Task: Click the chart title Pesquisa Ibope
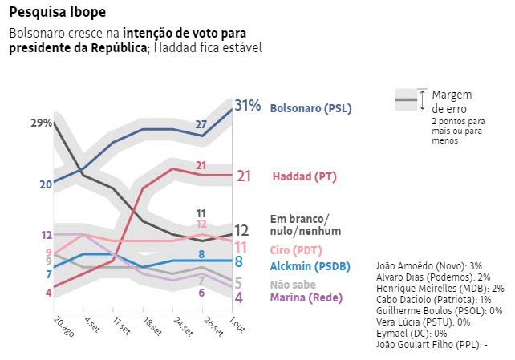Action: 57,14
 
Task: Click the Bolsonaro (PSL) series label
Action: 311,108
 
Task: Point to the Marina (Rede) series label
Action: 306,297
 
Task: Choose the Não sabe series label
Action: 293,284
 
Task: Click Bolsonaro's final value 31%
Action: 248,106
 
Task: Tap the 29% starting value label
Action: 42,123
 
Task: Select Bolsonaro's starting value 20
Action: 45,184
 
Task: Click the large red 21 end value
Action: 245,176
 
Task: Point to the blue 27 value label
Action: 201,124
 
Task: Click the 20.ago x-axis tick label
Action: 63,326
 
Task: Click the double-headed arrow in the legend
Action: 422,100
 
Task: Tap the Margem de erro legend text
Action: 452,101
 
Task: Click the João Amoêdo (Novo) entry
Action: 429,265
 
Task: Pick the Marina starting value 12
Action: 47,235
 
